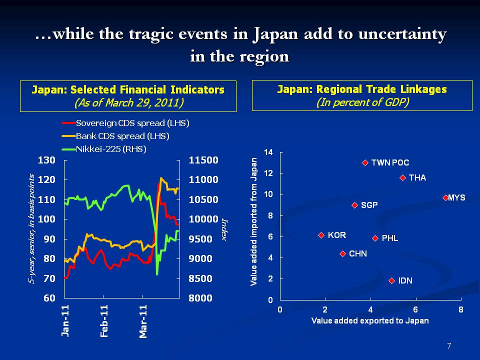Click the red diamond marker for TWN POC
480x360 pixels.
point(365,162)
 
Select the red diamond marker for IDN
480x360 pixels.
point(392,280)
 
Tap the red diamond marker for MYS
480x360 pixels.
point(445,197)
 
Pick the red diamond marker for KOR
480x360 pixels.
point(321,235)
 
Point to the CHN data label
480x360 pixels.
point(357,253)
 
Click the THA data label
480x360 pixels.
point(417,177)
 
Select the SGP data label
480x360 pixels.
point(369,205)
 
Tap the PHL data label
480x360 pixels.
point(389,238)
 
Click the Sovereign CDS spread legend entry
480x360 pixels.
point(125,122)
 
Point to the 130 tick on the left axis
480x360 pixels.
point(45,160)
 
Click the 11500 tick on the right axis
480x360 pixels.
point(203,160)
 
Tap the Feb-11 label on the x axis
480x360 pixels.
point(104,321)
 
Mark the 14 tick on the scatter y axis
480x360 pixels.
point(268,152)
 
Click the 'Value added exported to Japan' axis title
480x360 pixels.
point(370,320)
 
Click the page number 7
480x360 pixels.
point(449,346)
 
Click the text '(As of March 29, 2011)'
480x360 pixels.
point(128,102)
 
